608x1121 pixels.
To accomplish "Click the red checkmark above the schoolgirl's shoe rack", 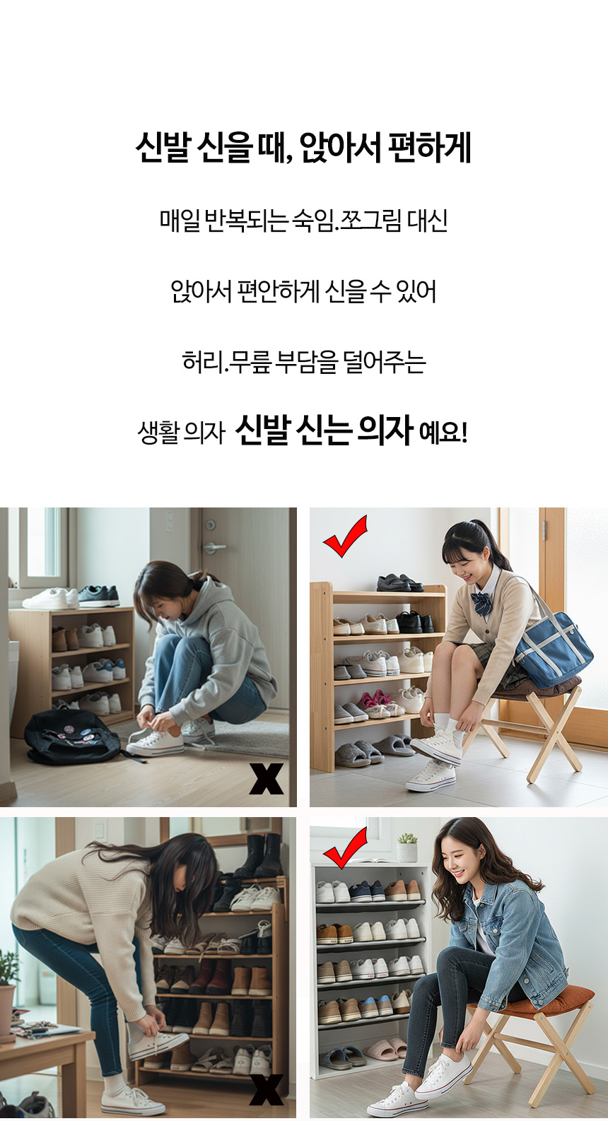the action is click(345, 536).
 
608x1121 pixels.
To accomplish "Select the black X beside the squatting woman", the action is click(267, 779).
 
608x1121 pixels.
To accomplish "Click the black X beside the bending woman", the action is click(267, 1089).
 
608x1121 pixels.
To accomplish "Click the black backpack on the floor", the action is click(73, 736).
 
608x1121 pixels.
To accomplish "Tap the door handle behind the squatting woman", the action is click(214, 547).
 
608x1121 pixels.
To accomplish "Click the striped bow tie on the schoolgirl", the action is click(481, 602).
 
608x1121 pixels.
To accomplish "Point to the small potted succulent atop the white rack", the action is click(407, 847).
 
